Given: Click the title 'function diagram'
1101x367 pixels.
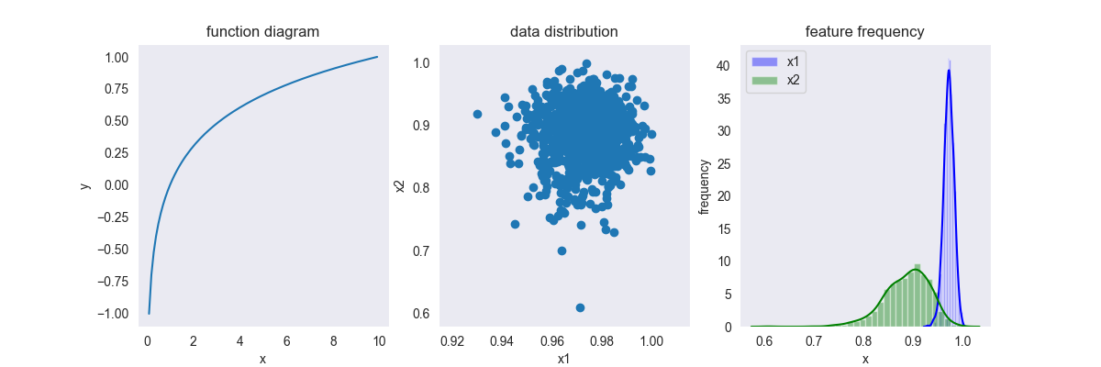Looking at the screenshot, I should click(x=262, y=32).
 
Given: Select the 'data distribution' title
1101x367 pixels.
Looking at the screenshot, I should click(x=563, y=32).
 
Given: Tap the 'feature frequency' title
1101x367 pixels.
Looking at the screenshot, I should click(x=864, y=32).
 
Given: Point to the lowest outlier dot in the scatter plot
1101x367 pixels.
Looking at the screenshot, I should click(x=580, y=307).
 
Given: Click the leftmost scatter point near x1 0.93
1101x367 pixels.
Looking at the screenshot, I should click(x=477, y=114).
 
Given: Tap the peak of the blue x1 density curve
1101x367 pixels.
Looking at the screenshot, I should click(x=949, y=70).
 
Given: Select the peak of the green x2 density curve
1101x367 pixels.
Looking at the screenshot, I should click(x=914, y=270).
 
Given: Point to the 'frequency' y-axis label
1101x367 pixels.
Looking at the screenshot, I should click(x=705, y=186).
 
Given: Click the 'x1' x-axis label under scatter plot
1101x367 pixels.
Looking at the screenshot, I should click(x=563, y=359).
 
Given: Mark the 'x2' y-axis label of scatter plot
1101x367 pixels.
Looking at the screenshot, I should click(x=400, y=186).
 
